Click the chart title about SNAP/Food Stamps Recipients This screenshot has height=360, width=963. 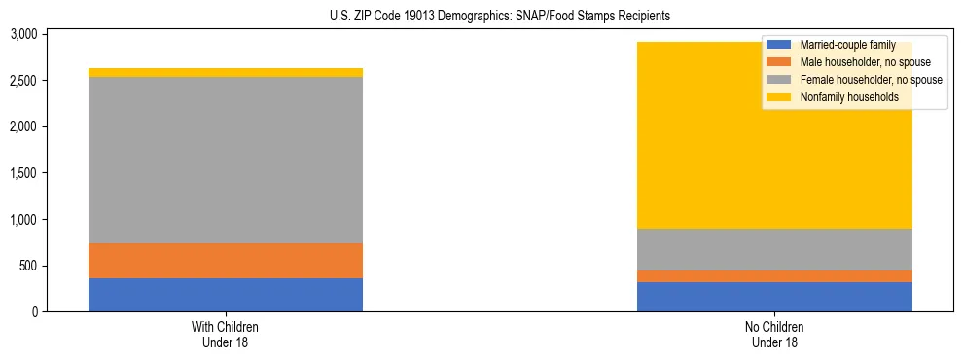tap(481, 17)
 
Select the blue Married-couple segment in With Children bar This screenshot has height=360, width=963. tap(226, 295)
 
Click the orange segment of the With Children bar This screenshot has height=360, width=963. tap(226, 261)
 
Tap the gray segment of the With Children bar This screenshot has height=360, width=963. tap(226, 160)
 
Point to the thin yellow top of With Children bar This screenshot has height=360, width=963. tap(226, 73)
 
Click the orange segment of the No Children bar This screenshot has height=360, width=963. tap(774, 276)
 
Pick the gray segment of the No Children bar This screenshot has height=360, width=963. tap(774, 249)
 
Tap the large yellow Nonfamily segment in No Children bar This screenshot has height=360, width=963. tap(700, 146)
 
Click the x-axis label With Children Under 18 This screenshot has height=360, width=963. tap(226, 334)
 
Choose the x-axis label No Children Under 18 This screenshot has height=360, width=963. tap(774, 334)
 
